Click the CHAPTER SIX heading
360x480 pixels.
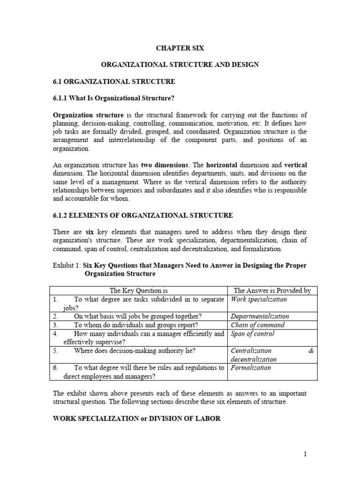180,48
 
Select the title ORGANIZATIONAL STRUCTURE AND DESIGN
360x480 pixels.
180,65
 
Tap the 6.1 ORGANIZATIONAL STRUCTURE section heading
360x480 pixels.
114,82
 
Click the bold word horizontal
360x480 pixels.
219,165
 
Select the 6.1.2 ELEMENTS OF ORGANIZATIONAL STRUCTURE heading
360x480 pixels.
142,215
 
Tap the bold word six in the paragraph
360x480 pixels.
90,232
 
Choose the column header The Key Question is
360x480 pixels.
138,291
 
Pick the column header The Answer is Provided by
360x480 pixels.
272,291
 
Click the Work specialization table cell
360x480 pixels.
259,299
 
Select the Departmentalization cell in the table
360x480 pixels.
260,316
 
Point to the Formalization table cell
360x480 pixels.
251,367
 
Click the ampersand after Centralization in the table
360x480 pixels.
311,351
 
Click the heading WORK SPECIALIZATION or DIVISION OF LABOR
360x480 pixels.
136,418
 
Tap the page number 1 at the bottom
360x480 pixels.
305,454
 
